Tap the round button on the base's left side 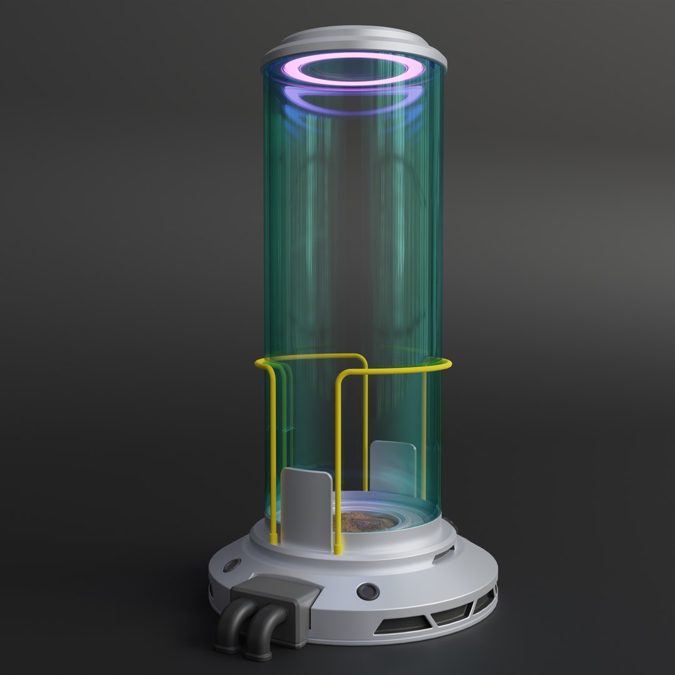click(231, 565)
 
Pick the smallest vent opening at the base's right click(483, 601)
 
